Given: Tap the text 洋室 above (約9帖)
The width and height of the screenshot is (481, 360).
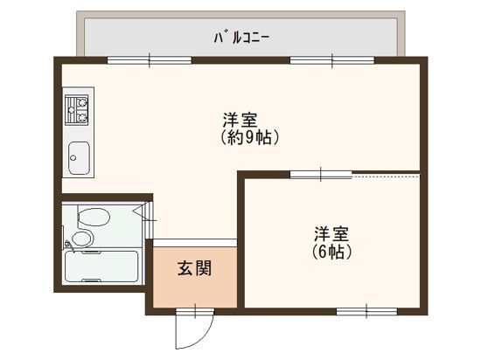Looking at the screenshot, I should click(x=239, y=120).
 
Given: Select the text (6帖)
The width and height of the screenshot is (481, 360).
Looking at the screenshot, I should click(x=332, y=252).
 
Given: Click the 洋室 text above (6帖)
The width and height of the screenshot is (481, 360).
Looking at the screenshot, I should click(x=332, y=234).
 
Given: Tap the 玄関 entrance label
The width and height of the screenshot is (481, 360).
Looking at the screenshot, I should click(x=193, y=267).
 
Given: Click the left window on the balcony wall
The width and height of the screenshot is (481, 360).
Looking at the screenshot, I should click(x=149, y=60).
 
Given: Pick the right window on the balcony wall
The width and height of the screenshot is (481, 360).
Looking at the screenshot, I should click(x=332, y=60).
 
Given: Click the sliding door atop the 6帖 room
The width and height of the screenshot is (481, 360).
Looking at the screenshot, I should click(x=320, y=175).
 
